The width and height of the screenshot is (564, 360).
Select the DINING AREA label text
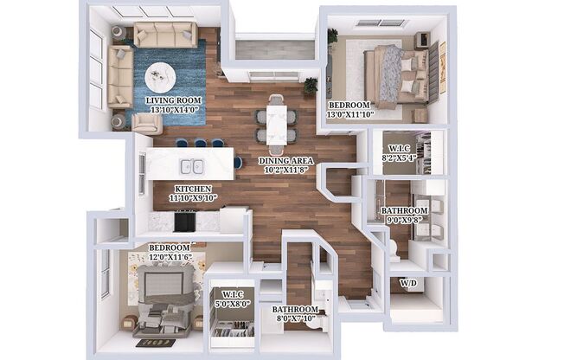[283, 161]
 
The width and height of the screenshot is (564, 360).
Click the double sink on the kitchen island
[191, 166]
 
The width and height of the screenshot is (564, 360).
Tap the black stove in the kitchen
[184, 222]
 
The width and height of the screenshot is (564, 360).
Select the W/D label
[407, 283]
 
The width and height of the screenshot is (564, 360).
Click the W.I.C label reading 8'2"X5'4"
[400, 157]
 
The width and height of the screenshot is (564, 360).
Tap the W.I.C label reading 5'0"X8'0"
[229, 304]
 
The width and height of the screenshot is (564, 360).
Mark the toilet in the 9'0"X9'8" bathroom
[392, 248]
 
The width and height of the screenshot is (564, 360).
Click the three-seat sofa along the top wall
[164, 35]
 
